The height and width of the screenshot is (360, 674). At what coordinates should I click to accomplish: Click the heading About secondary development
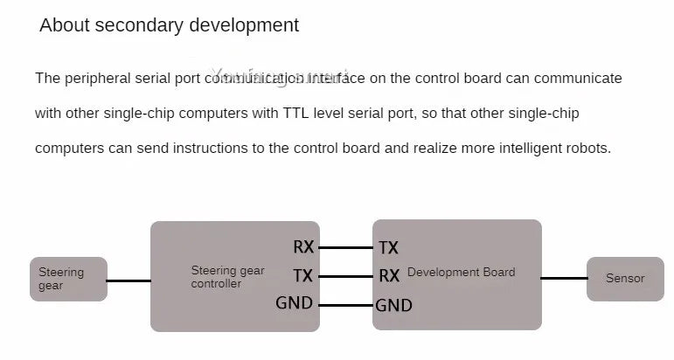pos(169,25)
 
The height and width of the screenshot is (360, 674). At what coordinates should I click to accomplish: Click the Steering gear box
pos(68,279)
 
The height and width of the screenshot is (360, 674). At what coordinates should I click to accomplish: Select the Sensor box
pos(625,279)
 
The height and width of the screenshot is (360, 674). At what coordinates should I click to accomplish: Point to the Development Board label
pos(461,273)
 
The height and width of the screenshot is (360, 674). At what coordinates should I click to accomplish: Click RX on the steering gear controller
pos(303,247)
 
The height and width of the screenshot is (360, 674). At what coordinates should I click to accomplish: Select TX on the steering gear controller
pos(303,276)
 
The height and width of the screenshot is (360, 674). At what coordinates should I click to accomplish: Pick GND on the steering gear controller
pos(295,304)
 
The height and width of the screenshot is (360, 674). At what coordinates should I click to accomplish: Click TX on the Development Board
pos(389,248)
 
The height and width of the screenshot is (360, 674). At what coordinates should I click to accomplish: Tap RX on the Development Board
pos(389,276)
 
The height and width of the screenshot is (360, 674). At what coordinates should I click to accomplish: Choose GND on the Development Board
pos(394,306)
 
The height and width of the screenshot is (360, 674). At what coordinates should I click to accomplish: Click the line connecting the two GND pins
pos(345,305)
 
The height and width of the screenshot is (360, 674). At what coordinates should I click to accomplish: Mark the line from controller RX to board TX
pos(345,248)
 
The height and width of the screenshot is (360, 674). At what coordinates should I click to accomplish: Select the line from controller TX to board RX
pos(345,276)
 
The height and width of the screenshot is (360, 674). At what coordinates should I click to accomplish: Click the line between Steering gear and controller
pos(129,280)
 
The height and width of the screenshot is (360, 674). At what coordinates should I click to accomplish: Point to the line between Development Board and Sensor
pos(564,279)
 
